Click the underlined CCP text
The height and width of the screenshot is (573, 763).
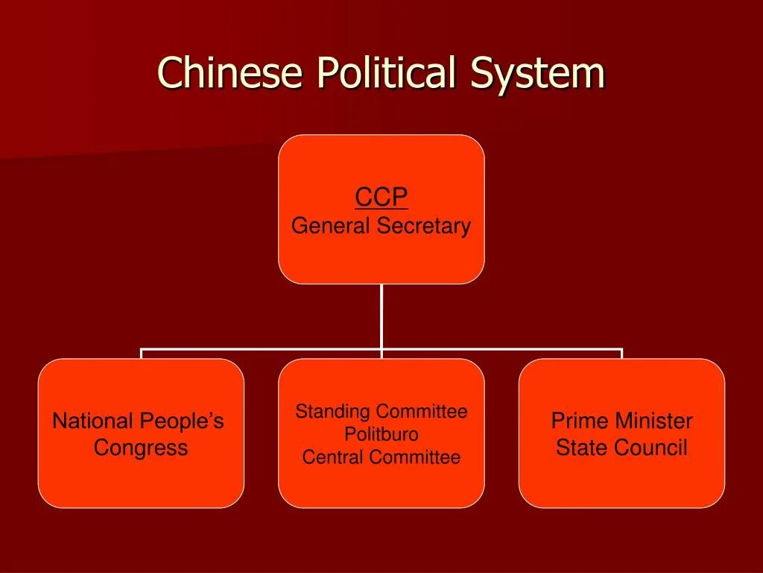click(381, 198)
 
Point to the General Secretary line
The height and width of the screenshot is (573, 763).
click(381, 225)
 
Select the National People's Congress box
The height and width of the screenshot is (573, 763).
click(141, 433)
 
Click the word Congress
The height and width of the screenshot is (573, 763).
click(141, 448)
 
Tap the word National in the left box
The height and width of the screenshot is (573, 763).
click(92, 422)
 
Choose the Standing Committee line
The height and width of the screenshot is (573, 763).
click(381, 411)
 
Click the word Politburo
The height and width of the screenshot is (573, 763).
click(381, 434)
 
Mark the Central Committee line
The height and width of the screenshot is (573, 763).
click(381, 457)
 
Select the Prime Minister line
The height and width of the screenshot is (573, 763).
click(621, 422)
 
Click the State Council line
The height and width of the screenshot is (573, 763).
click(621, 448)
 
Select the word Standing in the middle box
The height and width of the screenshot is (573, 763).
click(332, 411)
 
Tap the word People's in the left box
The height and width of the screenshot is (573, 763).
click(180, 422)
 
